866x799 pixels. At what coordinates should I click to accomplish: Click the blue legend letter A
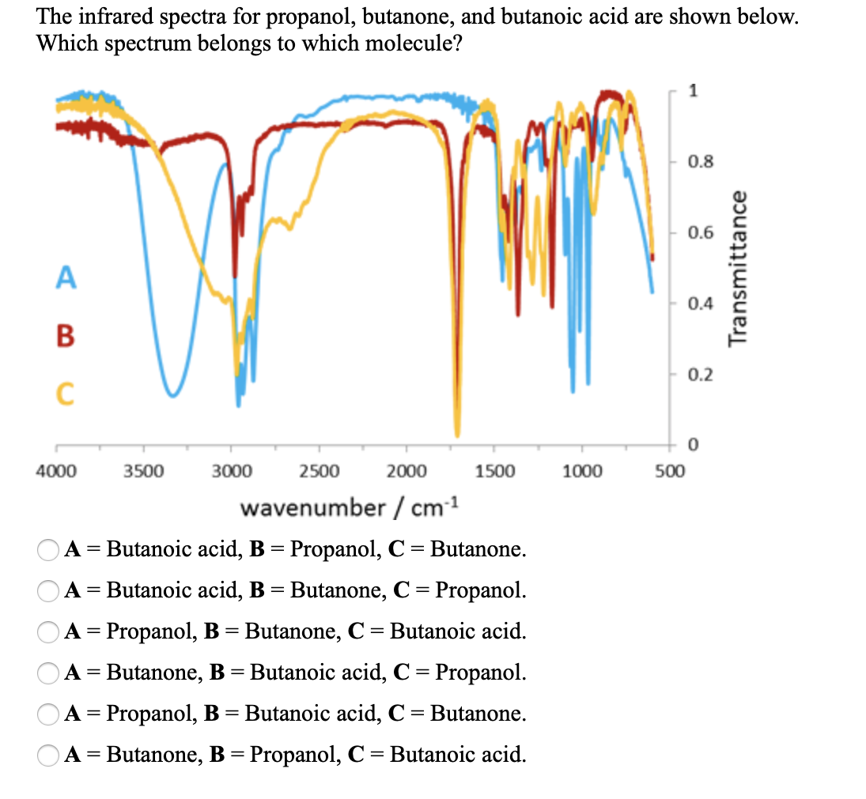tap(66, 278)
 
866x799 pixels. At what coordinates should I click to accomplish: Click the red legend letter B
tap(66, 334)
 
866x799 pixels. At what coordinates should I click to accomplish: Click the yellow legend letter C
tap(66, 391)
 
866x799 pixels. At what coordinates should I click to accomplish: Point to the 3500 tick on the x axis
tap(143, 472)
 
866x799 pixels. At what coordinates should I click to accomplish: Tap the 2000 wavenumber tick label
tap(408, 472)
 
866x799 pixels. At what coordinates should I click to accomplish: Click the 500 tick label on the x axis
tap(669, 472)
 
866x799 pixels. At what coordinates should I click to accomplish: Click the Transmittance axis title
tap(739, 269)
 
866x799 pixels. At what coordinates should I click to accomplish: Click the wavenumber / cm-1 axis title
tap(349, 507)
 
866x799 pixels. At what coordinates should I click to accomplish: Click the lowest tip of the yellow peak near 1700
tap(457, 434)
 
